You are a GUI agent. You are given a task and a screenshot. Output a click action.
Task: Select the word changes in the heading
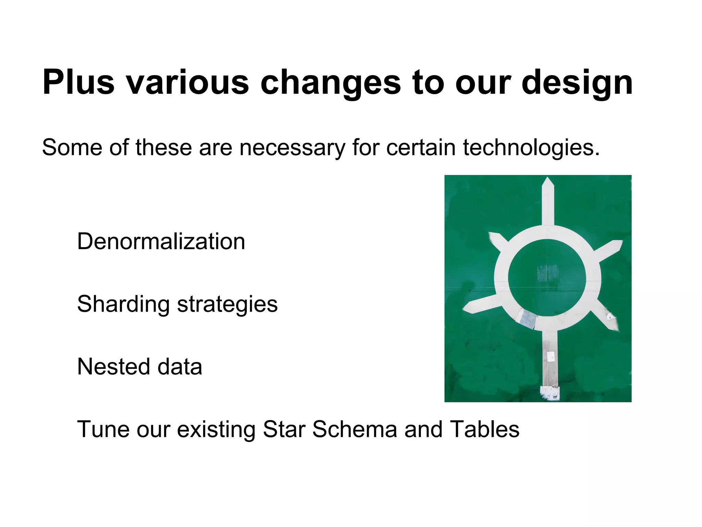click(x=330, y=82)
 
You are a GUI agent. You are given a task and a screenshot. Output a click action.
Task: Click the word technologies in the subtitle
click(x=531, y=148)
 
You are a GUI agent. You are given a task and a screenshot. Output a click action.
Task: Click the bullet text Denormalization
click(x=161, y=241)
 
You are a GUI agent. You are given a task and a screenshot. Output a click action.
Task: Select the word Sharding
click(x=123, y=304)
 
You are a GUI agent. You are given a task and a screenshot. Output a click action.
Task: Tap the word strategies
click(x=227, y=304)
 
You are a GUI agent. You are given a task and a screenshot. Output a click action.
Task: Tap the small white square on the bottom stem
click(x=550, y=356)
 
